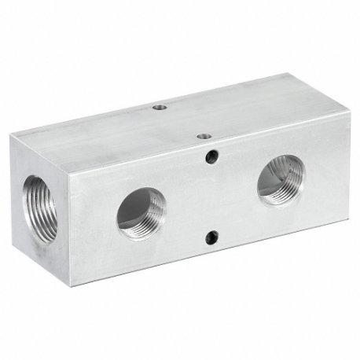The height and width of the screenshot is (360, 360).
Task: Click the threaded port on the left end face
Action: pos(40,208)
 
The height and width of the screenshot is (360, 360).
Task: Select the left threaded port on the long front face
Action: pos(141,212)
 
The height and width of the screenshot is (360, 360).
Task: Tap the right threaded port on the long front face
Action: pos(281,179)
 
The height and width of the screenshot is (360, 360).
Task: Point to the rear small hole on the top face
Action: pos(160,107)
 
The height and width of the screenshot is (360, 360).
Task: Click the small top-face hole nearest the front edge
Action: pos(204,136)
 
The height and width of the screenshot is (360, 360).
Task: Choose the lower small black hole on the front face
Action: pos(211,236)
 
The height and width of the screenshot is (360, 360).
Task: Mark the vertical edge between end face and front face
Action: pos(70,228)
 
